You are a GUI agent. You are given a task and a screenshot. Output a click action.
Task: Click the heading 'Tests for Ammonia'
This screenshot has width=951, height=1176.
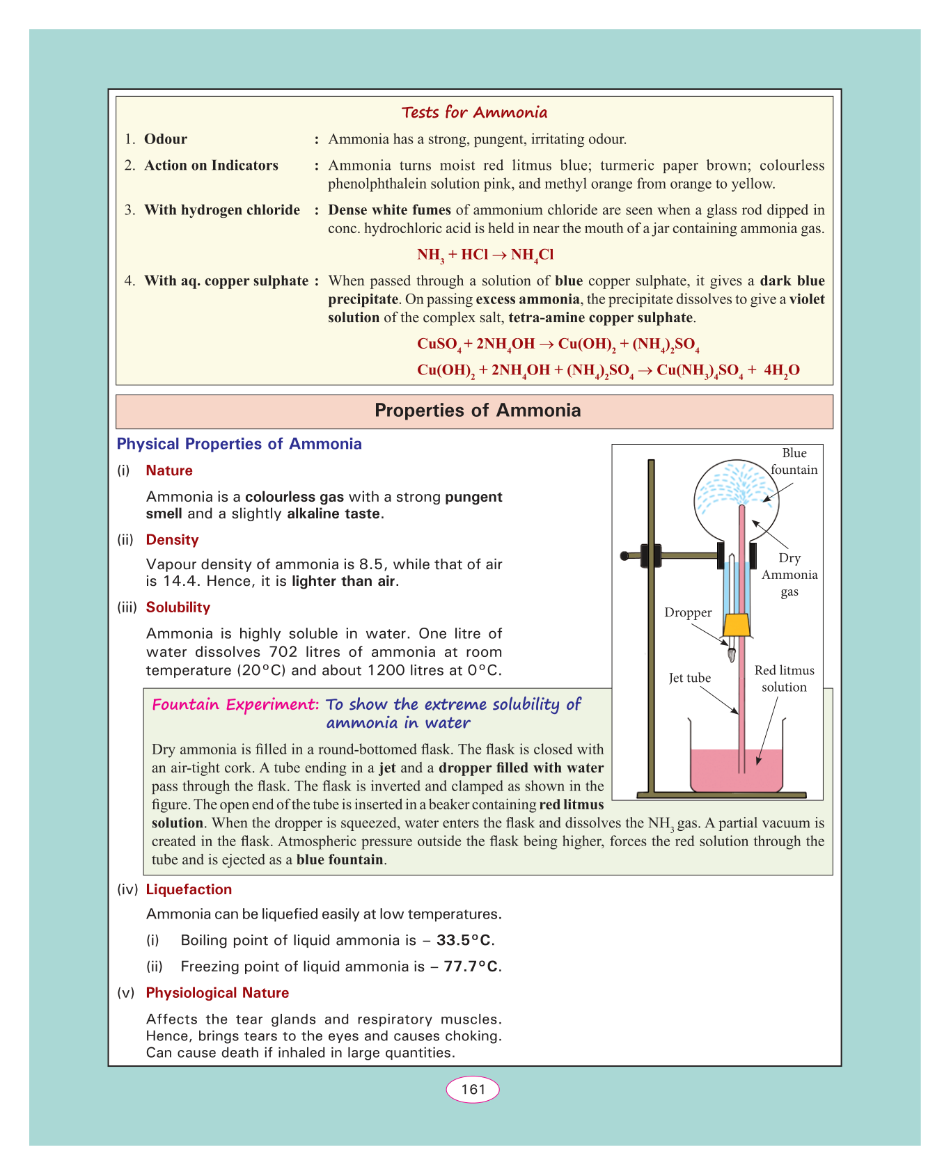(474, 113)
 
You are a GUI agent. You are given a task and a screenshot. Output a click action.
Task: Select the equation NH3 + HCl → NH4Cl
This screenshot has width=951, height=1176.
(485, 255)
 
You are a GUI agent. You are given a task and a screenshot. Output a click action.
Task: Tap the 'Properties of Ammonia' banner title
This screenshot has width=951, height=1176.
(478, 411)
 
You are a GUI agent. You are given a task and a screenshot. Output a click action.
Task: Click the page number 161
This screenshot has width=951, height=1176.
(473, 1090)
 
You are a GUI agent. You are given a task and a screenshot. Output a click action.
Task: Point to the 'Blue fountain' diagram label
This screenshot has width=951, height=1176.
(794, 461)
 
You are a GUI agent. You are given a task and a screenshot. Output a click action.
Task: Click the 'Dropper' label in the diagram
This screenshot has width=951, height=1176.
(688, 613)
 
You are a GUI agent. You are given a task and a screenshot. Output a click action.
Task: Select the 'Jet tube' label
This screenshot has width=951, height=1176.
(689, 678)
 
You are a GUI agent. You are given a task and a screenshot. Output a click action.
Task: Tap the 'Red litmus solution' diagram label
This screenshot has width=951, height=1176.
(784, 679)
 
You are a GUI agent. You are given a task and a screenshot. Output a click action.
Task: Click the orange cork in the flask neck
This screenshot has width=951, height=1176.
(736, 625)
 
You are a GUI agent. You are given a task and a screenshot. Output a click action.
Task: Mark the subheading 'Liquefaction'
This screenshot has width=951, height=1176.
(189, 889)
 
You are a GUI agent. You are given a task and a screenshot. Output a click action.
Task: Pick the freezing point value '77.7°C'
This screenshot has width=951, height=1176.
(472, 967)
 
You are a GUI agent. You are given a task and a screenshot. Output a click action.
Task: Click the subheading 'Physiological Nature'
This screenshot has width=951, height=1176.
(217, 993)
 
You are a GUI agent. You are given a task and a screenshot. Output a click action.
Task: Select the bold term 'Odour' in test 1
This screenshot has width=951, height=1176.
(166, 139)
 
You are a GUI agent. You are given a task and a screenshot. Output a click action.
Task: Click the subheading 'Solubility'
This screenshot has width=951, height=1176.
(178, 607)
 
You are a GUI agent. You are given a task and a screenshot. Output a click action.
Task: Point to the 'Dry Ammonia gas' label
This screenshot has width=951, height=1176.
(789, 575)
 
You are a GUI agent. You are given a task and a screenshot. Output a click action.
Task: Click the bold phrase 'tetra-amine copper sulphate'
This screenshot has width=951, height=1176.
(600, 318)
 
